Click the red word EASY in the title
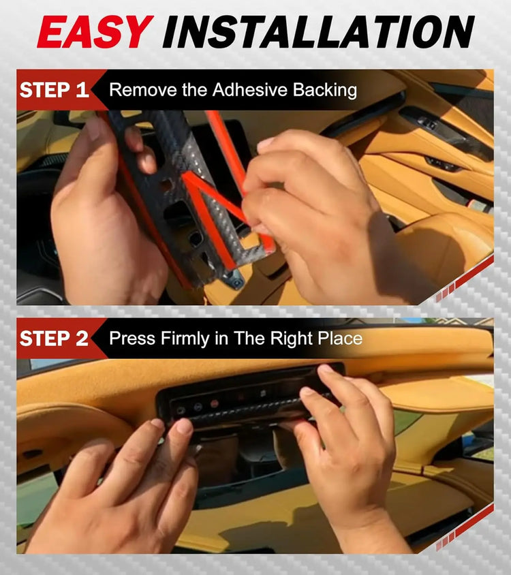(95, 31)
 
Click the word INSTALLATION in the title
(318, 31)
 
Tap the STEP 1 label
(55, 90)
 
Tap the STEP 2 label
(55, 339)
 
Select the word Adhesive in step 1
(249, 90)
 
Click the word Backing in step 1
(324, 91)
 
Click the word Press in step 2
(132, 339)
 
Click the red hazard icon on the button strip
(214, 404)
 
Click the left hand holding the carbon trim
(106, 213)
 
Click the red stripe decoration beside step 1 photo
(465, 279)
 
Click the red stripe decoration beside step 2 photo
(465, 528)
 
